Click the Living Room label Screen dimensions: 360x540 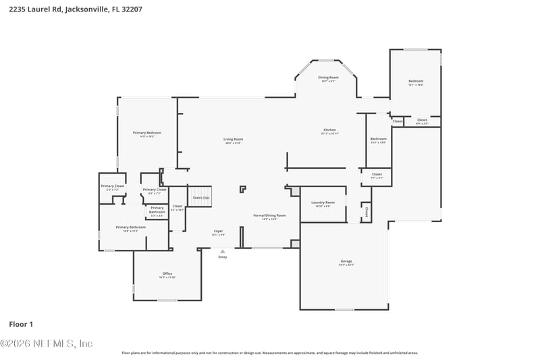[233, 139]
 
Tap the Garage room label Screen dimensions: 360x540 [346, 261]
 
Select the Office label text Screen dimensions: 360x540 [167, 274]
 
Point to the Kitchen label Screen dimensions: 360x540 [329, 130]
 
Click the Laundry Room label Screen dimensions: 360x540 [323, 203]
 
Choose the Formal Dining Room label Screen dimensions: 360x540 [269, 215]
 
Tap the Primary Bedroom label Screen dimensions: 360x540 [146, 133]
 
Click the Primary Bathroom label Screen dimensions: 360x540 [130, 228]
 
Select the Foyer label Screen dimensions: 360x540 [218, 231]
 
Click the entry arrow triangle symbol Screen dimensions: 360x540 [223, 251]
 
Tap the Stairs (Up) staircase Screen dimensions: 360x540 [200, 197]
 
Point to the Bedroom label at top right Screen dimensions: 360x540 [415, 81]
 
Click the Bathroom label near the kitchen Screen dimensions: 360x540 [378, 139]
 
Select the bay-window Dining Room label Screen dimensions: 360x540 [328, 78]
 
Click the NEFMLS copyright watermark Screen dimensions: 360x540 [46, 343]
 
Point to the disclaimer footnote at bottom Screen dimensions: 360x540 [269, 353]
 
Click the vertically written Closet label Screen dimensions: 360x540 [367, 211]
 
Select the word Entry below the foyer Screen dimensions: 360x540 [223, 257]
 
